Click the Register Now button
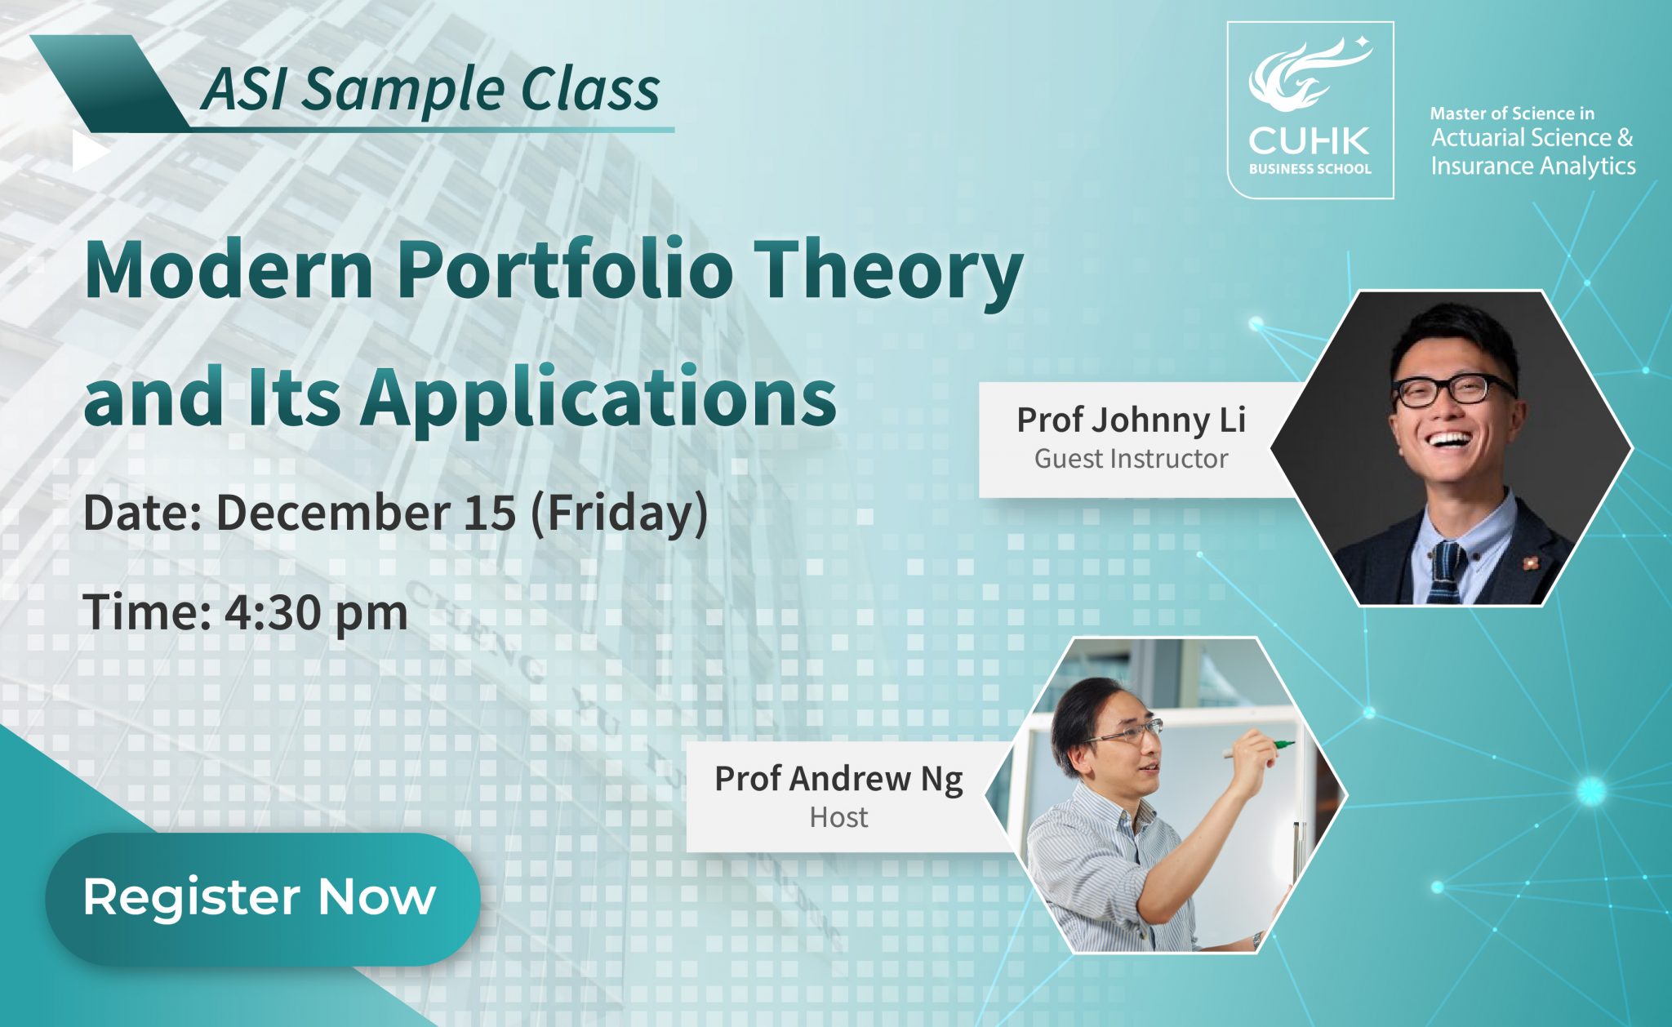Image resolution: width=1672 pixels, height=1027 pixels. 262,898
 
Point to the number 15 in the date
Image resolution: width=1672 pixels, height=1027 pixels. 490,513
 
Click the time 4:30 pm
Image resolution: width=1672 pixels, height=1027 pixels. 316,612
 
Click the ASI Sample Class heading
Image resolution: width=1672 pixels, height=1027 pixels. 430,88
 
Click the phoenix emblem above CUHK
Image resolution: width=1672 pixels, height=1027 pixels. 1309,78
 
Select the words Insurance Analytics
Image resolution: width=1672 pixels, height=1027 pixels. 1532,167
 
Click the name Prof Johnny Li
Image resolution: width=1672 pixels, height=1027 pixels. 1131,420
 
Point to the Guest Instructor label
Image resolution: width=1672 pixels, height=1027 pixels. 1131,459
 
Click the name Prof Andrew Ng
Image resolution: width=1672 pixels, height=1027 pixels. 838,779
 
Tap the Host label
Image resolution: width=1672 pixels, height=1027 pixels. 838,817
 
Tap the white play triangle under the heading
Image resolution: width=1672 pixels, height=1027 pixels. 91,152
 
